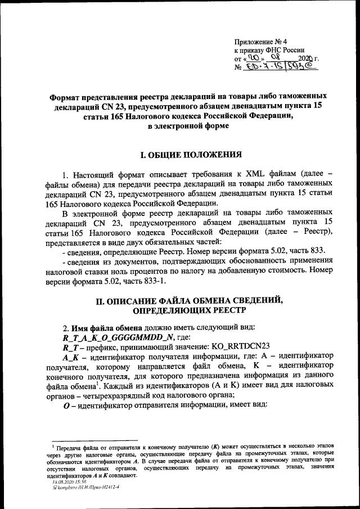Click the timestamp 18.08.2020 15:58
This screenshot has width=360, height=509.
[x=66, y=482]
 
